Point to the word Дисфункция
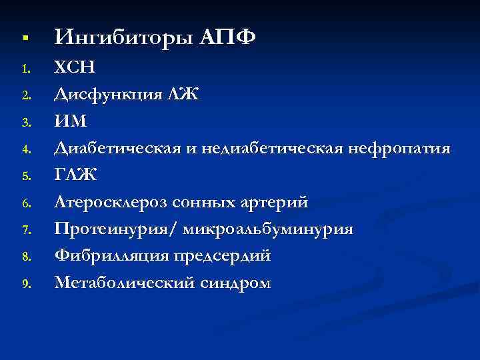point(107,95)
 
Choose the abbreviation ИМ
point(71,121)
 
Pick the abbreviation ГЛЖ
point(75,175)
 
